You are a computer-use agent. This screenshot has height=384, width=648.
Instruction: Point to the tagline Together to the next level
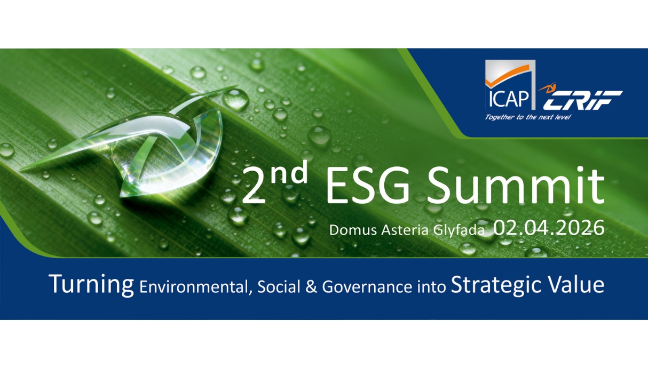point(527,117)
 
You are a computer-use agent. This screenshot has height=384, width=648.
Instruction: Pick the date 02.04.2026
point(549,228)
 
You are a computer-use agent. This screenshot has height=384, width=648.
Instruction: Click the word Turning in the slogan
point(91,285)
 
